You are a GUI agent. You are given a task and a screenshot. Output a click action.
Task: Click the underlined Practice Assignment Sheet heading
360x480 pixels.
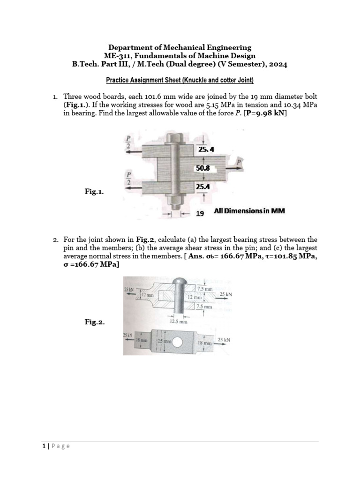(180, 80)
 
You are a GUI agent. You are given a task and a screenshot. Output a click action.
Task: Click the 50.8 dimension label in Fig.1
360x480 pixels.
(202, 167)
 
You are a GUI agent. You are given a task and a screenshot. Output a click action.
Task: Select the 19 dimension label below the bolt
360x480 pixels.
(200, 213)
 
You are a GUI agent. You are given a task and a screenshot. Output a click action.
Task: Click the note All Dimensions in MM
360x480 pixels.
(249, 211)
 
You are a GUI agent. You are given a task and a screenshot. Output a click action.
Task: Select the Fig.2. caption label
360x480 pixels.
(95, 322)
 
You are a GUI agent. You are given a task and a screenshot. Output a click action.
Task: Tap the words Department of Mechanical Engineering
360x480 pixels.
(180, 47)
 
